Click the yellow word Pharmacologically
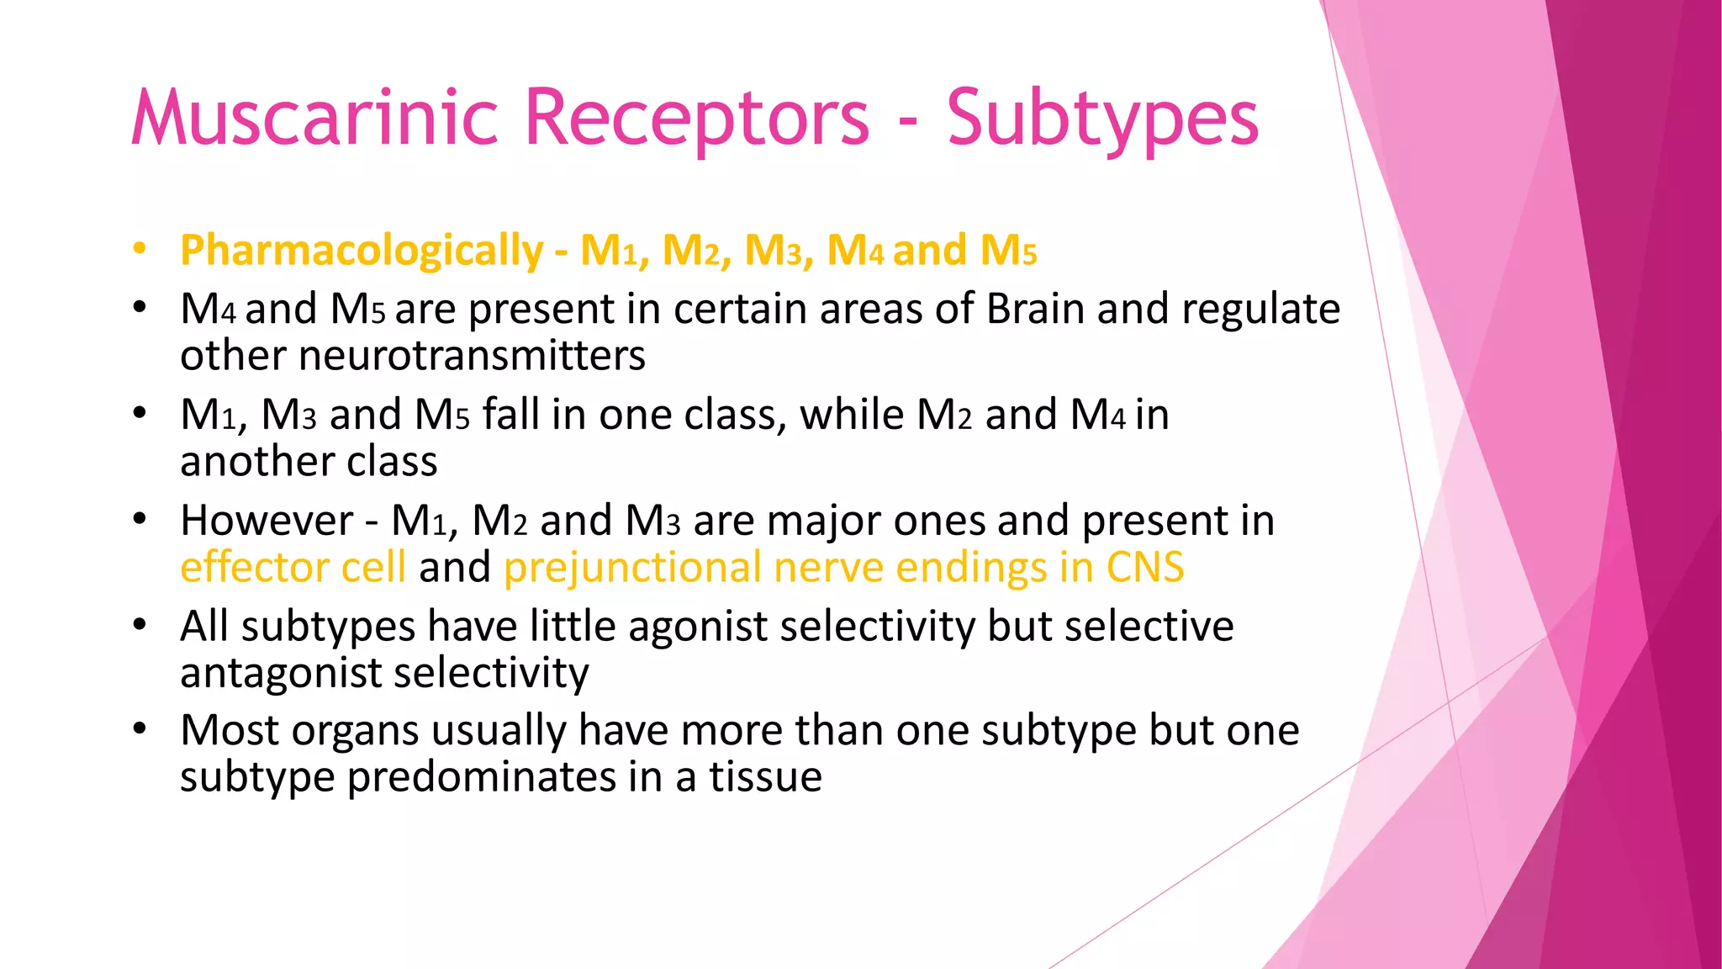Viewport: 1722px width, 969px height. coord(362,251)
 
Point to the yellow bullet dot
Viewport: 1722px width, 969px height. coord(140,250)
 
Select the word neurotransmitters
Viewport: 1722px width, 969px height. coord(472,355)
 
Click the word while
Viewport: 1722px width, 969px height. coord(852,415)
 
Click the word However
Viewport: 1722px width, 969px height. coord(267,521)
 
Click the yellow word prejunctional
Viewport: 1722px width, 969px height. coord(631,567)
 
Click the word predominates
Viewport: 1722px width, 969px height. coord(481,776)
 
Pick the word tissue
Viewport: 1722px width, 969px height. coord(765,776)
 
